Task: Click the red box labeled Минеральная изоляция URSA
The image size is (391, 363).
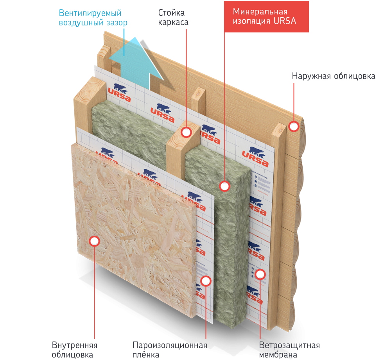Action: pyautogui.click(x=266, y=16)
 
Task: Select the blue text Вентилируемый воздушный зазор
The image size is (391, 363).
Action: pyautogui.click(x=93, y=18)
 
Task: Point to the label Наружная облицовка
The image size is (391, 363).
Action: pyautogui.click(x=334, y=76)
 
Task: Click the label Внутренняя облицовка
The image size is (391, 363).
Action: pyautogui.click(x=74, y=350)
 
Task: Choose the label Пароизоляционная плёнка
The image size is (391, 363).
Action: pyautogui.click(x=169, y=350)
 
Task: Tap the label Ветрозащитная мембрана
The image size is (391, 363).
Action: pyautogui.click(x=289, y=350)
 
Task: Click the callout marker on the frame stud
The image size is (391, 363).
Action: pyautogui.click(x=186, y=132)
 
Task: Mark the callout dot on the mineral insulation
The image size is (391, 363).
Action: pyautogui.click(x=224, y=186)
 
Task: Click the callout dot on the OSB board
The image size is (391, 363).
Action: pyautogui.click(x=94, y=241)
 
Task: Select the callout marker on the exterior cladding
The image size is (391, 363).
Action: pyautogui.click(x=294, y=126)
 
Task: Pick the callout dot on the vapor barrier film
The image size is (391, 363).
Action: pyautogui.click(x=206, y=280)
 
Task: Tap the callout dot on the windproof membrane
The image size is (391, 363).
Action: pyautogui.click(x=261, y=274)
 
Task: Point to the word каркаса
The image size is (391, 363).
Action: pyautogui.click(x=173, y=22)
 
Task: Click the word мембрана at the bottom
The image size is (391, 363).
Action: pyautogui.click(x=278, y=355)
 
